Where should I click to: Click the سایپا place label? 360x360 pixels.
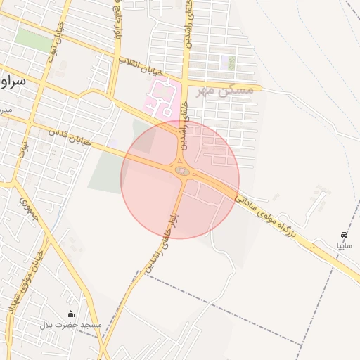[344, 246]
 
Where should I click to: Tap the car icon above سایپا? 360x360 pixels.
[344, 235]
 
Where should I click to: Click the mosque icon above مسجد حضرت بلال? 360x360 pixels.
[70, 314]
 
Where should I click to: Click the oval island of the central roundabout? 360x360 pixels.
[181, 170]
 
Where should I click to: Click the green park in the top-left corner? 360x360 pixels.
[34, 41]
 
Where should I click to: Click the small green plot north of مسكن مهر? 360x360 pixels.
[231, 63]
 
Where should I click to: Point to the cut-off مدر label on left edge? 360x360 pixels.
[6, 111]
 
